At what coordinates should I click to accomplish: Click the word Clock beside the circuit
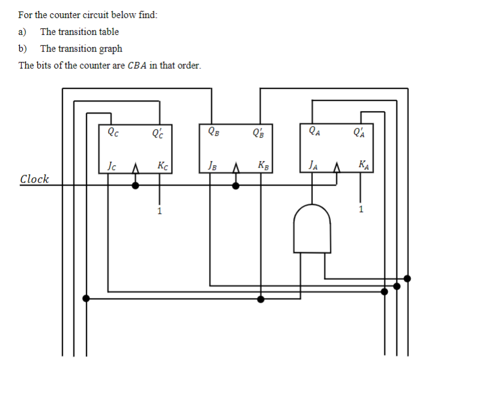click(34, 179)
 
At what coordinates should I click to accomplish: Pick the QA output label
click(313, 131)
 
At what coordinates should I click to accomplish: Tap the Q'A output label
click(360, 131)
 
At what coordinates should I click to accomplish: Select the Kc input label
click(161, 165)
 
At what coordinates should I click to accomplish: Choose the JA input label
click(312, 165)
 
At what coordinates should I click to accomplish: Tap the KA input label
click(363, 165)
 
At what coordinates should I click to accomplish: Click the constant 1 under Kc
click(159, 211)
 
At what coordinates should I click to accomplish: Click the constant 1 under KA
click(360, 210)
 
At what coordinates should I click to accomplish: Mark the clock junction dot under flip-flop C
click(135, 186)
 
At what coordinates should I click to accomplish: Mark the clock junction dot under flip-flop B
click(235, 186)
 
